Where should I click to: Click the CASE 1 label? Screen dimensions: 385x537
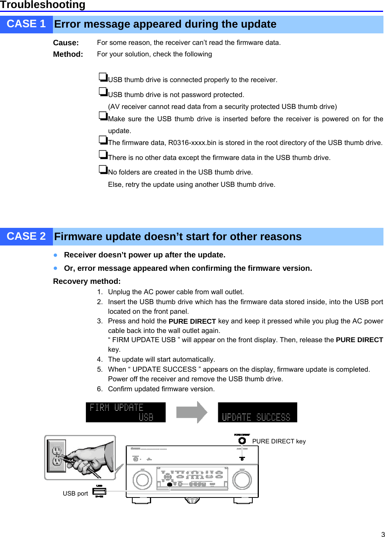tap(26, 24)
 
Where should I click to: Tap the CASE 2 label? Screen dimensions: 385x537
tap(26, 237)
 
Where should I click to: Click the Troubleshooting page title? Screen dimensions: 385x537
tap(43, 5)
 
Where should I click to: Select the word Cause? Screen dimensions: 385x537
tap(66, 43)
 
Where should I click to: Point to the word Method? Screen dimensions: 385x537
tap(68, 54)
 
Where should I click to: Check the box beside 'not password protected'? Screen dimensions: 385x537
tap(103, 92)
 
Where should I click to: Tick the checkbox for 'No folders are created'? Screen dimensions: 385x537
tap(103, 169)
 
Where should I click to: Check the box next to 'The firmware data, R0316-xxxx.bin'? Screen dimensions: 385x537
tap(103, 140)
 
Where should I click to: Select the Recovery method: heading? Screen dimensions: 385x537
tap(87, 282)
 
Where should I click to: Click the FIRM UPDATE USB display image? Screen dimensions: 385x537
tap(125, 412)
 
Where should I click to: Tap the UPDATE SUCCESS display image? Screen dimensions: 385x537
tap(257, 412)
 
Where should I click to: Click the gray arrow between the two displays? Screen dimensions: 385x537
tap(191, 412)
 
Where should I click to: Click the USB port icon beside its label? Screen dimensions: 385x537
tap(99, 491)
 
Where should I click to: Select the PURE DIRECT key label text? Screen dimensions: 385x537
tap(279, 441)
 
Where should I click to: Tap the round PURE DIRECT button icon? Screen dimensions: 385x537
tap(242, 441)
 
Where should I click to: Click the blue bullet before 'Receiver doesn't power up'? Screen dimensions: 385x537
tap(56, 255)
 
